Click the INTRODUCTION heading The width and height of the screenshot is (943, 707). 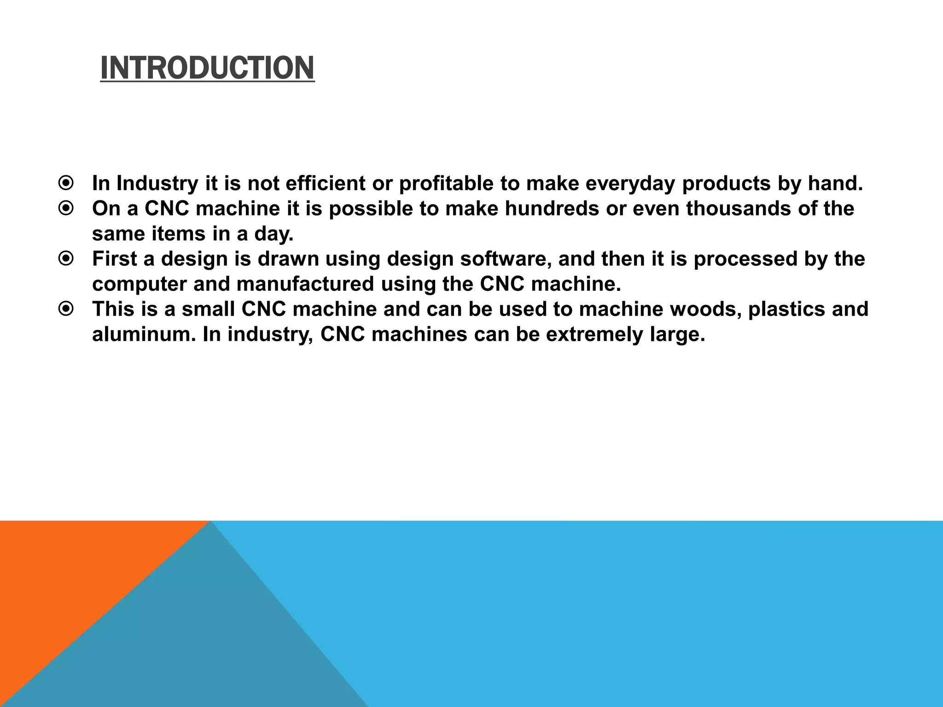207,68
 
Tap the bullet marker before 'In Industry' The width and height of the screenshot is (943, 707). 66,184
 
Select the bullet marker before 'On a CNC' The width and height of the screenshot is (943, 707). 66,209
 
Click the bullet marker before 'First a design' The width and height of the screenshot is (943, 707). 66,259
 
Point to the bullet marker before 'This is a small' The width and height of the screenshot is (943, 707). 66,309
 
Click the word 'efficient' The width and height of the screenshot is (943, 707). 325,184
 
